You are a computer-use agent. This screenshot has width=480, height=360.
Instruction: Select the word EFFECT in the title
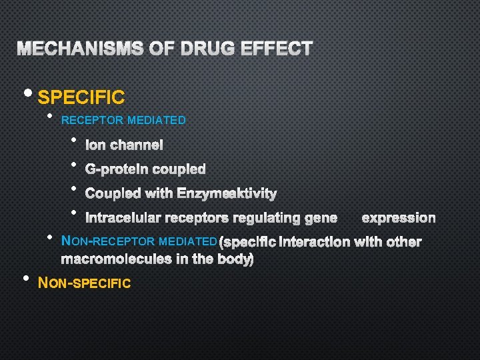tap(277, 49)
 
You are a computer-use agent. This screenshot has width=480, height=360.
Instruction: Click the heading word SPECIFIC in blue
tap(81, 98)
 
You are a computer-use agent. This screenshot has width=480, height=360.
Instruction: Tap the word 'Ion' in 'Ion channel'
tap(95, 145)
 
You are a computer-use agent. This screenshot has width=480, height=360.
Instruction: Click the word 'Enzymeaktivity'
tap(227, 194)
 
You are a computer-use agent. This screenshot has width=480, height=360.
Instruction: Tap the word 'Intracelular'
tap(123, 218)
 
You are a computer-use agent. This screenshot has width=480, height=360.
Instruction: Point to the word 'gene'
tap(321, 218)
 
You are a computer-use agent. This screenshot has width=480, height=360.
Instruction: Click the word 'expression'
tap(399, 218)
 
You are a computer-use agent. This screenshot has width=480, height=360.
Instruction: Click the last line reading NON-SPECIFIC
tap(85, 283)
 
